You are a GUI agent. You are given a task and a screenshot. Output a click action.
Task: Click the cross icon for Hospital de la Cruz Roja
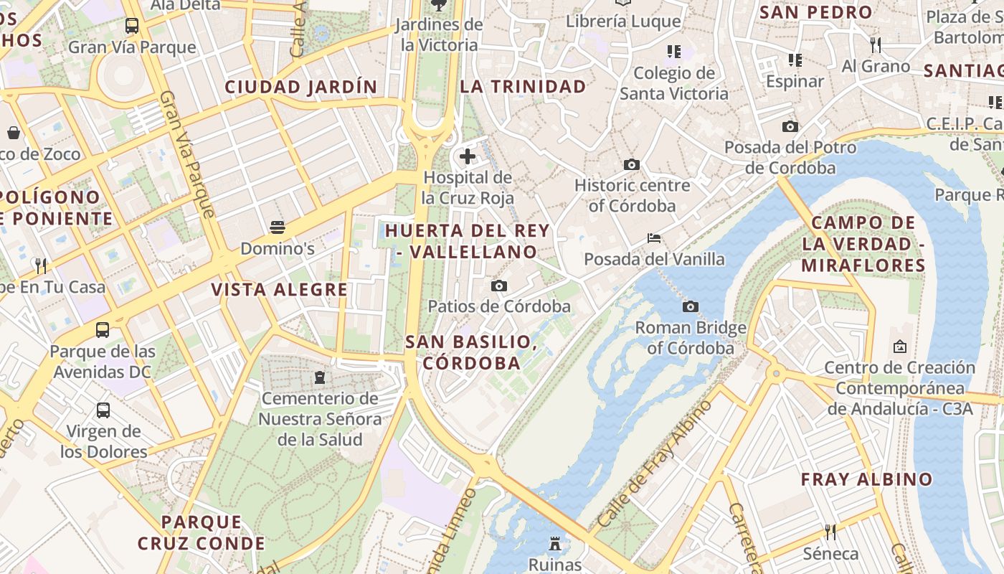coord(468,156)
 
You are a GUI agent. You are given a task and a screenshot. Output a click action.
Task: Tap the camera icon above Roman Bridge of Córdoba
coord(691,307)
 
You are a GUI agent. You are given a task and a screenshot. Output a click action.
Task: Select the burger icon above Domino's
coord(278,228)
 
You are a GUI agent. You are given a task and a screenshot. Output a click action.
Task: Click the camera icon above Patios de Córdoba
coord(499,286)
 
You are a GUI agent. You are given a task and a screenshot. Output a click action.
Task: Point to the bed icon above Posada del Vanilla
coord(654,238)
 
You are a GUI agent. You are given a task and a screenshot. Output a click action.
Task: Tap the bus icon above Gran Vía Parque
coord(132,27)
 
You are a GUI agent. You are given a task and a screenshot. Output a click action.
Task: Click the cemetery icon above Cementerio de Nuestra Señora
coord(320,377)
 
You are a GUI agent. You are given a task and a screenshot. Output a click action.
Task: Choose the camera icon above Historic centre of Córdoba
coord(632,164)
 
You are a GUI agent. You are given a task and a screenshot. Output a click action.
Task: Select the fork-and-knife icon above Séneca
coord(830,532)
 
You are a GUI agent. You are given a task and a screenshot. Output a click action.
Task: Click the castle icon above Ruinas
coord(555,544)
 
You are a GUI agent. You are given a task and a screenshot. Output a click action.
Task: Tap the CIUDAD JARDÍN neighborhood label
coord(301,88)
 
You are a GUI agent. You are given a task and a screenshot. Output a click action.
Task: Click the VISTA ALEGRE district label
coord(279,290)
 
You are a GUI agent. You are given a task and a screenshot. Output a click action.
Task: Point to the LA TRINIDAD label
coord(523,87)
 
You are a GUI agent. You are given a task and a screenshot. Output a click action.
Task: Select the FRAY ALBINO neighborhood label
coord(866,479)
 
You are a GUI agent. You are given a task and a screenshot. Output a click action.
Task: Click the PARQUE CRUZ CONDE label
coord(202,532)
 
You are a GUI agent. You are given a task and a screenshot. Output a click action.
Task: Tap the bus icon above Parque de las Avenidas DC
coord(103,330)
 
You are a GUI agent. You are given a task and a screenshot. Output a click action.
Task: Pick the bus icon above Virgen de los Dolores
coord(103,410)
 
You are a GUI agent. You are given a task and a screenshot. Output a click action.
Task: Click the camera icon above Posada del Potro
coord(790,127)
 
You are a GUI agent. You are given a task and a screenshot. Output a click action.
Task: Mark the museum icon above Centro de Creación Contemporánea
coord(899,347)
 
